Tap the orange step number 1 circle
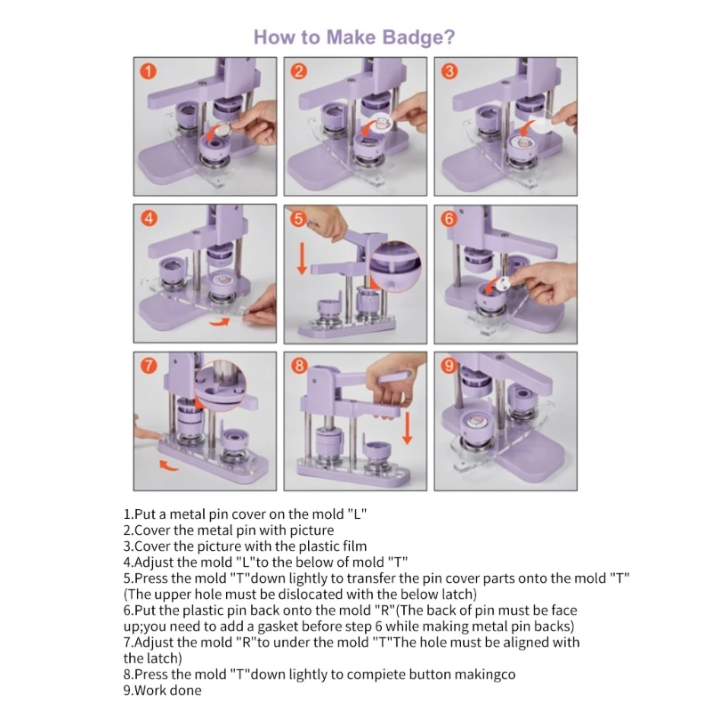(148, 71)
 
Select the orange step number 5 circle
(298, 219)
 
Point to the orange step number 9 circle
(449, 366)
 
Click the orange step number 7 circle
(149, 366)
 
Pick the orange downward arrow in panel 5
(302, 258)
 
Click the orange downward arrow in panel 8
(408, 428)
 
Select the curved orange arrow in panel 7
(169, 465)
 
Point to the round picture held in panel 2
(381, 123)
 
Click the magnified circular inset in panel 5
(394, 266)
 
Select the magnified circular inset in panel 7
(220, 385)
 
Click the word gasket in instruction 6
(278, 627)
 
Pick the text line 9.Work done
(162, 691)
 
